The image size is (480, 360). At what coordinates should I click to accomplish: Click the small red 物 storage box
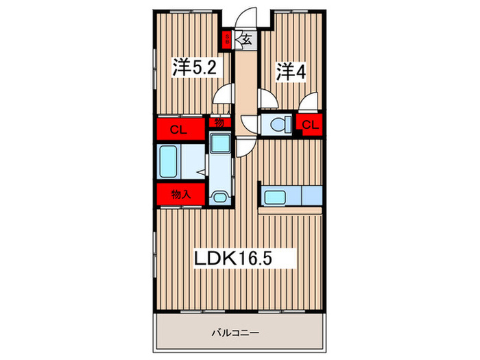pos(219,123)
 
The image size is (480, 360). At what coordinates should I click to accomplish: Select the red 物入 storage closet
pos(180,194)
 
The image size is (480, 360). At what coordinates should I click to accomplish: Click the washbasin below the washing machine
pos(220,197)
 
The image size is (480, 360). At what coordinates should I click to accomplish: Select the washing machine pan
pos(221,143)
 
